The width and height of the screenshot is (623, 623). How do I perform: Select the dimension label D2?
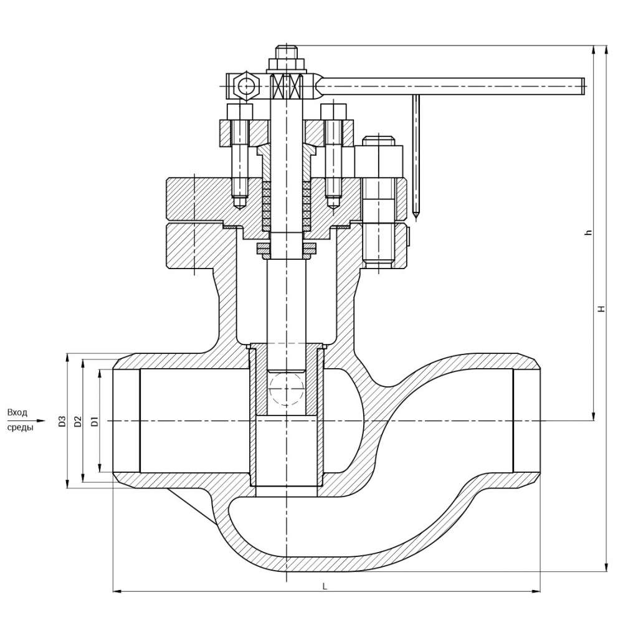(78, 421)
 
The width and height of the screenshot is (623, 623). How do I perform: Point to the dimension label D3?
(62, 421)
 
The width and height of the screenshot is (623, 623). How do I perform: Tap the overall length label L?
(325, 586)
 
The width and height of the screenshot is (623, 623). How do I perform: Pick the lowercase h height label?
(587, 232)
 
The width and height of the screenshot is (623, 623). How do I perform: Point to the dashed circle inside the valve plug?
(287, 390)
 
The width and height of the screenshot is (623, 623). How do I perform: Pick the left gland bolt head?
(240, 112)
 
